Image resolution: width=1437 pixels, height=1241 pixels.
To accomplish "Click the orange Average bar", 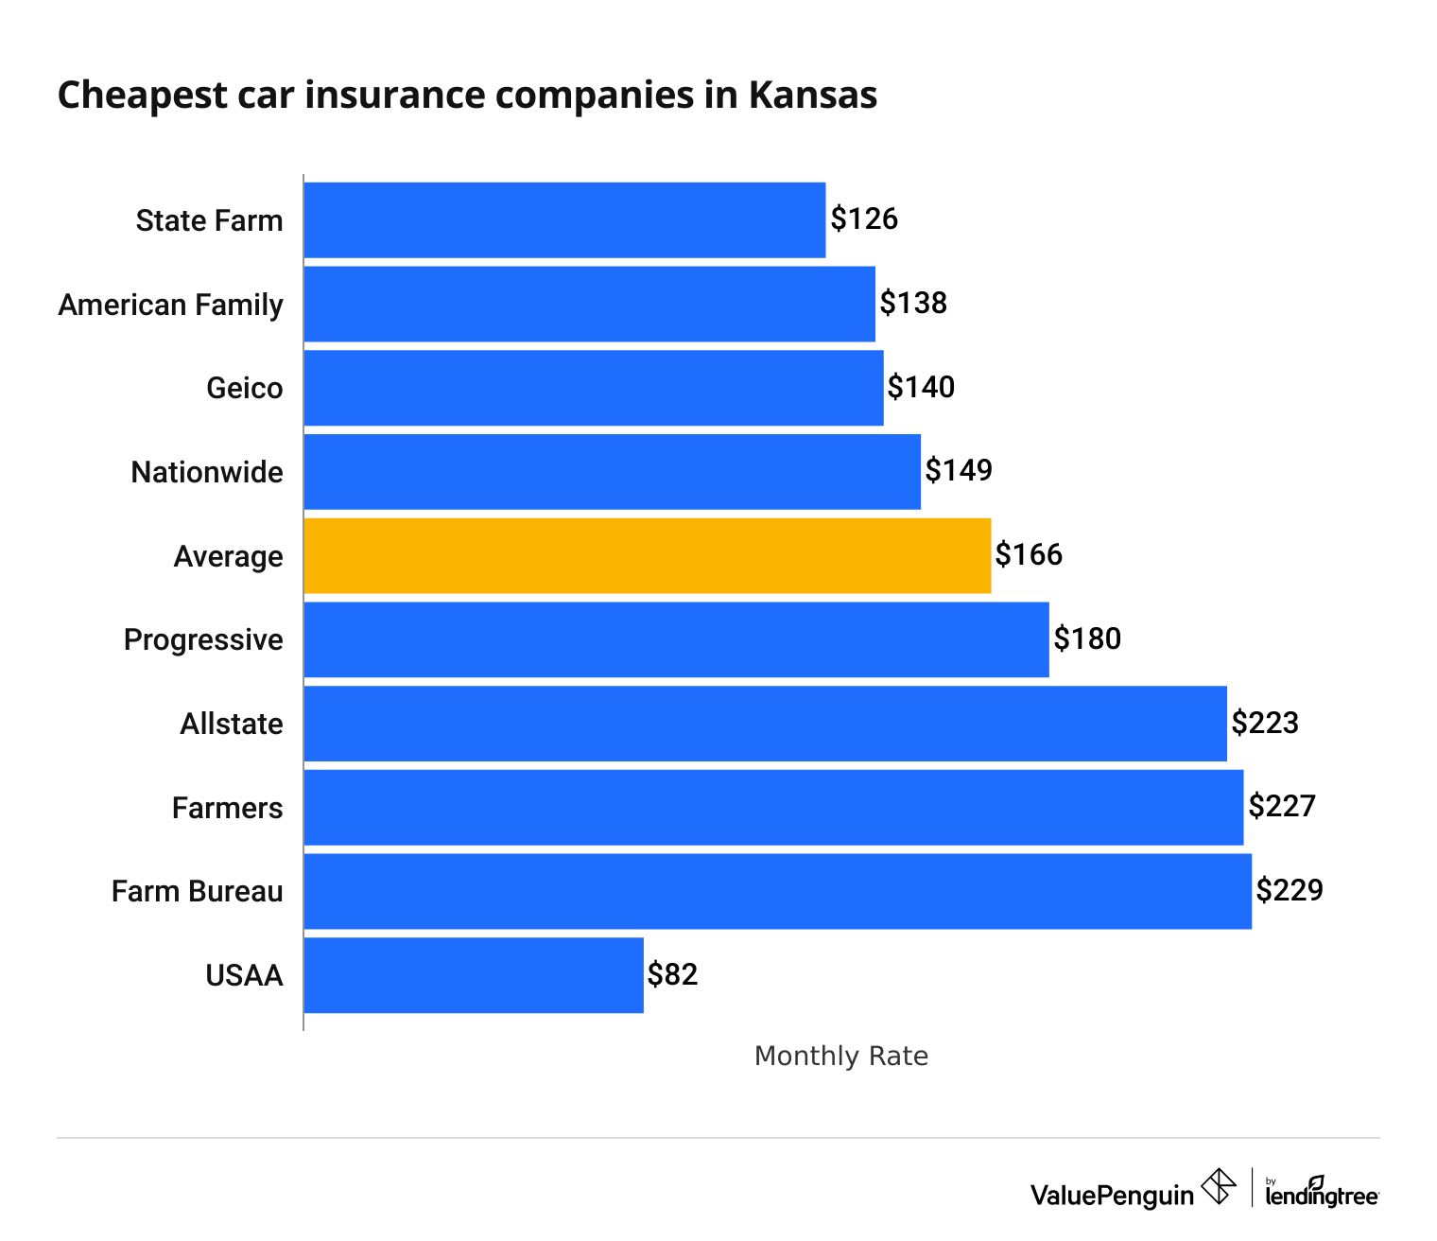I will click(x=648, y=555).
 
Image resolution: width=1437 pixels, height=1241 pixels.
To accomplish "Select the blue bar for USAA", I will click(x=474, y=975).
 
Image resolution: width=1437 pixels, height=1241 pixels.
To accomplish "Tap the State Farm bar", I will click(x=564, y=219).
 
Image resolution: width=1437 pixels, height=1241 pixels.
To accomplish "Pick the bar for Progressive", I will click(x=676, y=639).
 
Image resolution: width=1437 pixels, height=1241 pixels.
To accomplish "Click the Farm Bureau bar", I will click(x=777, y=891).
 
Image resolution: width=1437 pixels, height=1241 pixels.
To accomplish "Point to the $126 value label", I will click(x=864, y=219).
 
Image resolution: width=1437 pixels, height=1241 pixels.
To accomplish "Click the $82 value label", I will click(x=672, y=974).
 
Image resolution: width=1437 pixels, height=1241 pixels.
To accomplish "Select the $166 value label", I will click(x=1029, y=554).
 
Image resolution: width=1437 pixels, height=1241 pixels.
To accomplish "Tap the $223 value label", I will click(x=1265, y=723).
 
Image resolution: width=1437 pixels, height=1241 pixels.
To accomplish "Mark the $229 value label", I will click(x=1290, y=890).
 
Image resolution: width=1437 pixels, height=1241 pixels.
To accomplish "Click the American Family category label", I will click(x=171, y=305).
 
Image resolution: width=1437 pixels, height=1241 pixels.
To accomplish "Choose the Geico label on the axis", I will click(x=244, y=388).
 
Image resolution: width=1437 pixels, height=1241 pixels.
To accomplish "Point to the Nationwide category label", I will click(x=207, y=472).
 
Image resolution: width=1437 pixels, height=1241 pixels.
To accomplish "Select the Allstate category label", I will click(x=232, y=724).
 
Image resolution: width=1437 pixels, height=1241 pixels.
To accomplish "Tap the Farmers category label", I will click(x=227, y=808).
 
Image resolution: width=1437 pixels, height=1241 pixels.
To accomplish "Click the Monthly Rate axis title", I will click(x=840, y=1056).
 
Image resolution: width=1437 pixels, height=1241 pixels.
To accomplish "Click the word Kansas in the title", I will click(x=813, y=96).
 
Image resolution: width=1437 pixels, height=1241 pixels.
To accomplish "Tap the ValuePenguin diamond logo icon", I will click(x=1219, y=1186).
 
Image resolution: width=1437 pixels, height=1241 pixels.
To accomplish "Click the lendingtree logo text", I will click(x=1322, y=1196).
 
